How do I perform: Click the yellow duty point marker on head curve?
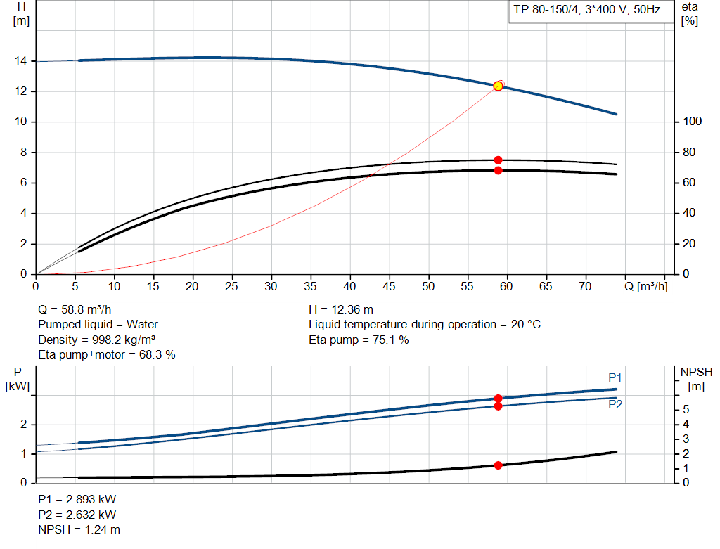499,86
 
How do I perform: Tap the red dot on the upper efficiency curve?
498,160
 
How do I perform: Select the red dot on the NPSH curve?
499,465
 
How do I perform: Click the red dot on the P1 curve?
499,399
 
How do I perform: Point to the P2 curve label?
615,405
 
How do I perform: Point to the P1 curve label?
615,378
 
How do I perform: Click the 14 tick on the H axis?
20,61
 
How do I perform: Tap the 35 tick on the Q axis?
310,286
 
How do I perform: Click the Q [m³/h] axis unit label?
646,286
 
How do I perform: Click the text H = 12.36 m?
341,309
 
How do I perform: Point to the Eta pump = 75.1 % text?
359,340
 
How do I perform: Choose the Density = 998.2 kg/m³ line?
96,340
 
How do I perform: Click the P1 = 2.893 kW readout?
77,499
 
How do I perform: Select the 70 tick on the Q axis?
584,286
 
